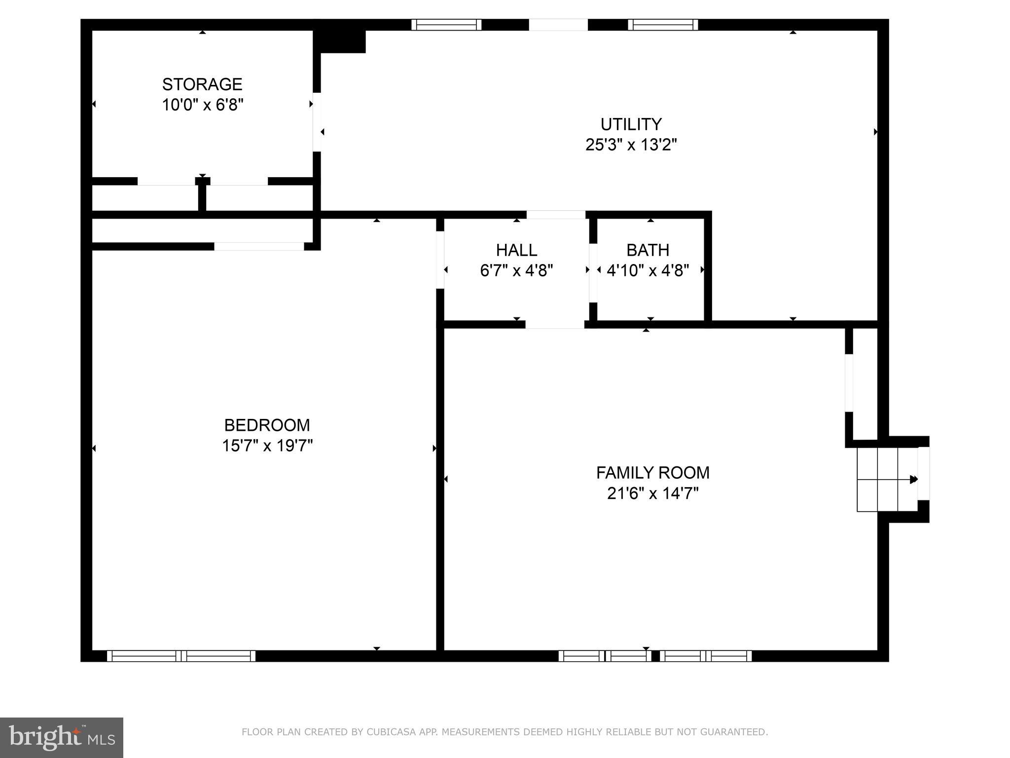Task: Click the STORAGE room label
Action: coord(202,84)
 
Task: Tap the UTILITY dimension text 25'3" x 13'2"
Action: coord(631,145)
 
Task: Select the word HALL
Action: coord(516,250)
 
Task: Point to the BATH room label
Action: coord(648,250)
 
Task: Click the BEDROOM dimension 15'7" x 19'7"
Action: coord(267,446)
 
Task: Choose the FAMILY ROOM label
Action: coord(652,473)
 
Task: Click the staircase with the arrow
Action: coord(887,479)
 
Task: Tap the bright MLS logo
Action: coord(61,737)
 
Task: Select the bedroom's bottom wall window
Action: coord(181,656)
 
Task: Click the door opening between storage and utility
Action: coord(317,122)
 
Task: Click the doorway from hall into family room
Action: coord(555,324)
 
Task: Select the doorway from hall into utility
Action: coord(556,215)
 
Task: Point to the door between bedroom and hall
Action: coord(440,260)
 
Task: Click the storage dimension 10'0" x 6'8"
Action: coord(203,105)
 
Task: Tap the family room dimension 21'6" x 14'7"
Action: coord(652,493)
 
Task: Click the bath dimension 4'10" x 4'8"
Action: coord(648,271)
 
